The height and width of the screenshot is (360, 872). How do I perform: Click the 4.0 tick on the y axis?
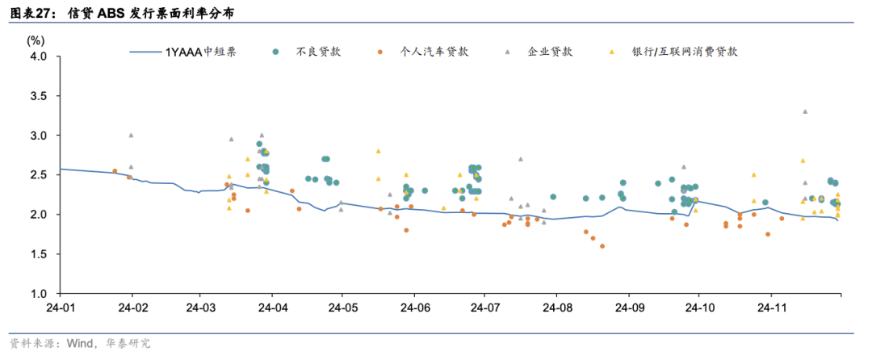[38, 57]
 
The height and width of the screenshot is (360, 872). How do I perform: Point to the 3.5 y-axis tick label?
[38, 96]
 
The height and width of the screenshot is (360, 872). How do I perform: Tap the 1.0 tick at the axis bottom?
[38, 294]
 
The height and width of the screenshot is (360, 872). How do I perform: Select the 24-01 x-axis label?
[61, 308]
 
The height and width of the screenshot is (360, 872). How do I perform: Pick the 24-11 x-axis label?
[771, 308]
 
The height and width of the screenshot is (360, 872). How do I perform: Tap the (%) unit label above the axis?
[36, 40]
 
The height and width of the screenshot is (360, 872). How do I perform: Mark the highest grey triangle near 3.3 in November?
[804, 111]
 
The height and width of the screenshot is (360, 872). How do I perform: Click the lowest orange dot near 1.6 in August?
[602, 246]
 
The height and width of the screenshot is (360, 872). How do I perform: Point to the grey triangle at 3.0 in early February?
[131, 135]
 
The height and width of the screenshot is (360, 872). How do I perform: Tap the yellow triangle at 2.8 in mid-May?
[378, 151]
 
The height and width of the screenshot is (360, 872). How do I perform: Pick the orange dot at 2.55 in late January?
[115, 171]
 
